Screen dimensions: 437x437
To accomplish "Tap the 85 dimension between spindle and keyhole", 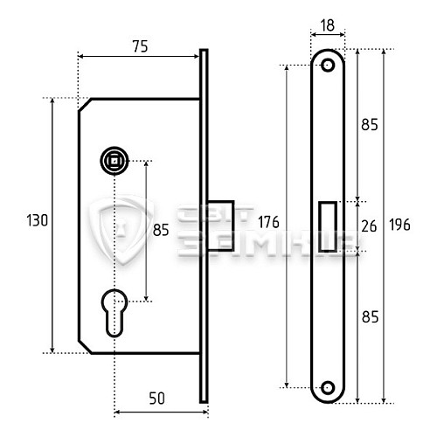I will pyautogui.click(x=160, y=232).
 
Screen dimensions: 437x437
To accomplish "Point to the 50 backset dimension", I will pyautogui.click(x=156, y=399).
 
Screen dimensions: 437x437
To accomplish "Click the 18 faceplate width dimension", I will pyautogui.click(x=328, y=26).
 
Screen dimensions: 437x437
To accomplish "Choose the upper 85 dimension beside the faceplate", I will pyautogui.click(x=369, y=125).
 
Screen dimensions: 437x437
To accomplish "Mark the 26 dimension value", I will pyautogui.click(x=369, y=226).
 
